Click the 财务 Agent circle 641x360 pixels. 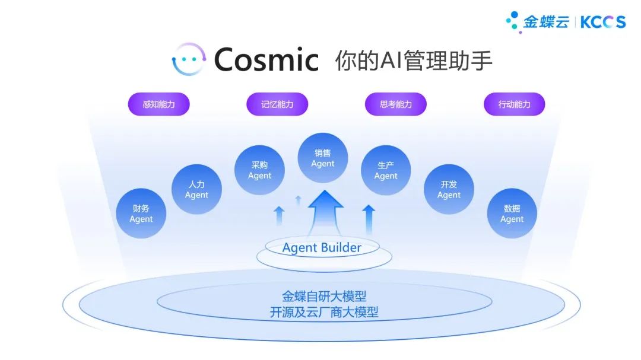(141, 214)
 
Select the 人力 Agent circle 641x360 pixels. (196, 189)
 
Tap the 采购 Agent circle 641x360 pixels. (259, 170)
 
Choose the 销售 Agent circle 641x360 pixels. (323, 158)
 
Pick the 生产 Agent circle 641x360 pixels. (386, 170)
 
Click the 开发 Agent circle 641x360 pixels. (449, 189)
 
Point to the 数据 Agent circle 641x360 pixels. (512, 214)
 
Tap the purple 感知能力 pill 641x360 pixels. (158, 104)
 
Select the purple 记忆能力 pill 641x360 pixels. (277, 104)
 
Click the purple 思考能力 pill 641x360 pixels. (396, 104)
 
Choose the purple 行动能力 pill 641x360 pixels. (515, 104)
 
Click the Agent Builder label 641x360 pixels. (322, 247)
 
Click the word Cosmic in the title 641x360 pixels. (266, 59)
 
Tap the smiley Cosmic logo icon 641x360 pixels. (189, 59)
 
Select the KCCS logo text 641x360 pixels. (602, 22)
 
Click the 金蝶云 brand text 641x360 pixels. (545, 22)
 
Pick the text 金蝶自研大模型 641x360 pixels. (324, 295)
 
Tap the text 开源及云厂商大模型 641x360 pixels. (324, 312)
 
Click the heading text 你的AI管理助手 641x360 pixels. (414, 60)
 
